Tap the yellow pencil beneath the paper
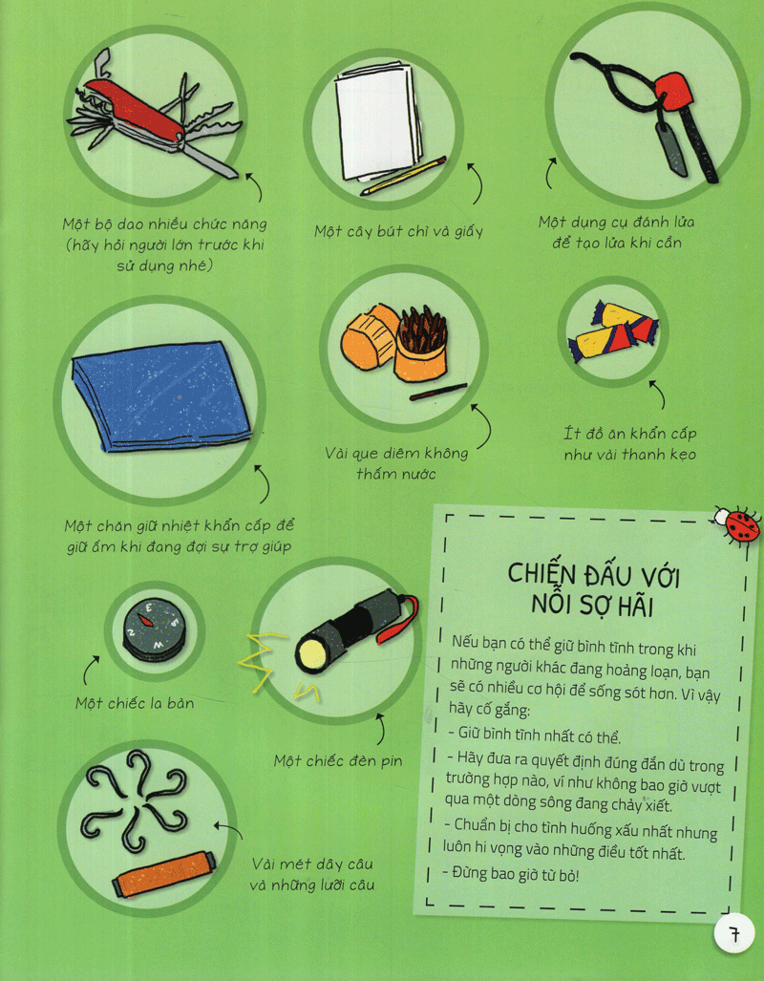click(404, 176)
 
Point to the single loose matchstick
click(438, 391)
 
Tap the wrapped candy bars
click(612, 331)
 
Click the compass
click(154, 627)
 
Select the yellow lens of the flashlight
click(309, 653)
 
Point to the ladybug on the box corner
click(739, 524)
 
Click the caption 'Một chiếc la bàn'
click(135, 703)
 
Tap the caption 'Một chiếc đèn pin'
click(338, 760)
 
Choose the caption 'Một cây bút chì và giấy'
click(398, 231)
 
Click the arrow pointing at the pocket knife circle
click(254, 187)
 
